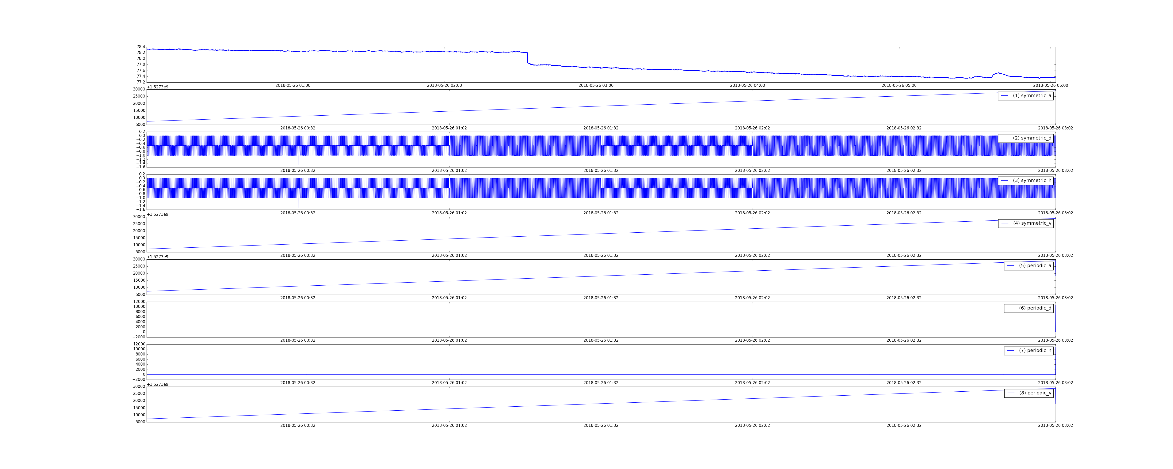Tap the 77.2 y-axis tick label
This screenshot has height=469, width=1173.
tap(141, 82)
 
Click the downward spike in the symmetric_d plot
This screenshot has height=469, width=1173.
tap(298, 160)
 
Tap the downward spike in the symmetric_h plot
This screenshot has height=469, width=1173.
tap(298, 203)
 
